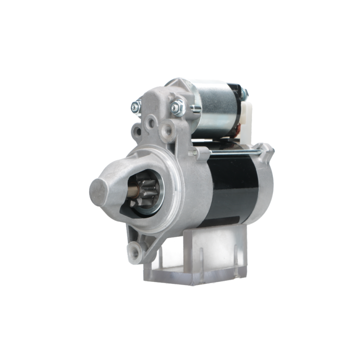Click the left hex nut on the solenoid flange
(136, 107)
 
